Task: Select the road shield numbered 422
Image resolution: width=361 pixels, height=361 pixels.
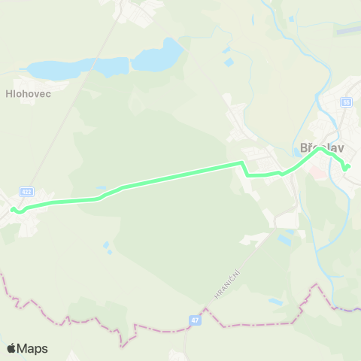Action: click(x=27, y=192)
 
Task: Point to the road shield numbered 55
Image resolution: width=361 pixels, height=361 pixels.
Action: click(x=346, y=102)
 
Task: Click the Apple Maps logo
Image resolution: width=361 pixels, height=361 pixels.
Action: click(x=27, y=348)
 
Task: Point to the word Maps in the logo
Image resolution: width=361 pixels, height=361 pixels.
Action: click(x=34, y=348)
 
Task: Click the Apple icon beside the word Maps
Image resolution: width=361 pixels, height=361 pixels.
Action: click(x=12, y=347)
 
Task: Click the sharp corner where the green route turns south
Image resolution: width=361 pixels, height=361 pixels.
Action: click(x=241, y=162)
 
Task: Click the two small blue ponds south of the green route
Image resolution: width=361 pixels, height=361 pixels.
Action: click(x=108, y=247)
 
